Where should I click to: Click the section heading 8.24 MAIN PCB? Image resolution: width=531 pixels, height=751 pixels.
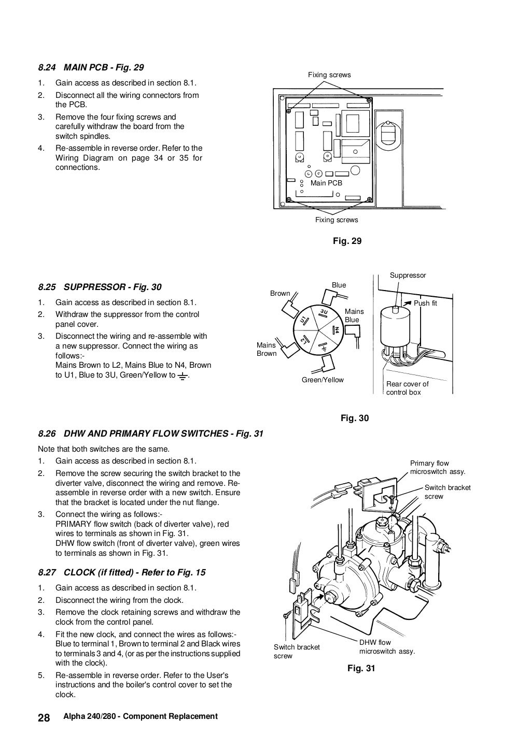91,67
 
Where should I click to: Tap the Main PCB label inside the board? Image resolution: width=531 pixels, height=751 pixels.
326,183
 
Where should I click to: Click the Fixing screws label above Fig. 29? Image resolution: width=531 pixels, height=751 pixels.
329,75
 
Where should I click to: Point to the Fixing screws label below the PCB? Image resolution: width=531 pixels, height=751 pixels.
337,220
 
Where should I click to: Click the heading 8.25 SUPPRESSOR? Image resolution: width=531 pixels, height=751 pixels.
100,287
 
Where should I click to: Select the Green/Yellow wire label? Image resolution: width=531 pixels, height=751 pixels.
323,380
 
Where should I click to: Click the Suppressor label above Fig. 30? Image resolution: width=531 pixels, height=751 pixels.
408,276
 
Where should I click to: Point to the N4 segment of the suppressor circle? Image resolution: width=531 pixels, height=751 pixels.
336,329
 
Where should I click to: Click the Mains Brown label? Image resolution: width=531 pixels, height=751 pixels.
267,349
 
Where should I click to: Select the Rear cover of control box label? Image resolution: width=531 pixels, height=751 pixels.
407,388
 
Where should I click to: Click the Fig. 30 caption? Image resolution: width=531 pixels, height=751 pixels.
355,418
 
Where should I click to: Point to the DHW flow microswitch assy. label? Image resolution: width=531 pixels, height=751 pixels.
387,647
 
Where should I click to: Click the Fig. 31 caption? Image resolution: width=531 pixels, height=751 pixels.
360,668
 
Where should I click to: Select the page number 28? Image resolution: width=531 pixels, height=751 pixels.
44,717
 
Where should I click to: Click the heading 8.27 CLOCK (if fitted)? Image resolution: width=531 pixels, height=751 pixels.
122,572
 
